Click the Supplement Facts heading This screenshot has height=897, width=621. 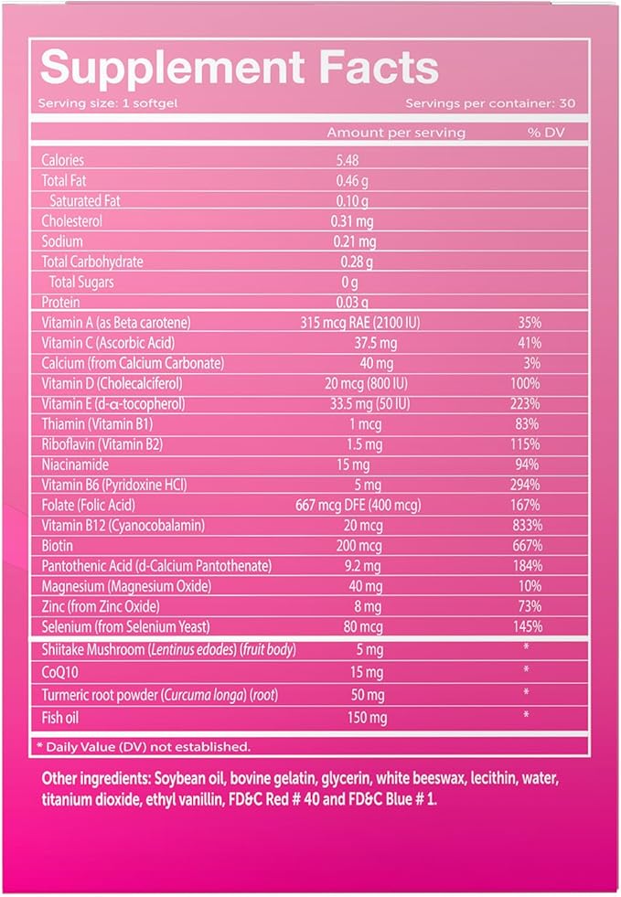tap(239, 69)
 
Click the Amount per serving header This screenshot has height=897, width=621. tap(396, 133)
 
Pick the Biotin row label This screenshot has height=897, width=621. tap(59, 545)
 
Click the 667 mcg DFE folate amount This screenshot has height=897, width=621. tap(375, 505)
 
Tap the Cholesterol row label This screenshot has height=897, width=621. tap(72, 220)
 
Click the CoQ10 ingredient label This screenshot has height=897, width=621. tap(61, 672)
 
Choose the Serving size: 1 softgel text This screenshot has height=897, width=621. tap(95, 102)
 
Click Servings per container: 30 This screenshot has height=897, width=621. tap(489, 102)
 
